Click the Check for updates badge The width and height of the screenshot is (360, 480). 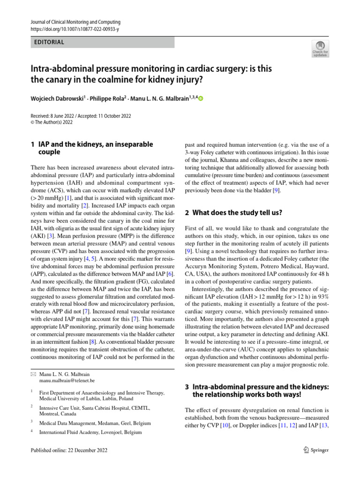pyautogui.click(x=320, y=49)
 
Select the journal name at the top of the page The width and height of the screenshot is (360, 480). pyautogui.click(x=75, y=22)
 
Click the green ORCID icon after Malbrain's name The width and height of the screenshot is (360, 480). pyautogui.click(x=202, y=99)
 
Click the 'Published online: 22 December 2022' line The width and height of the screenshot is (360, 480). pyautogui.click(x=69, y=450)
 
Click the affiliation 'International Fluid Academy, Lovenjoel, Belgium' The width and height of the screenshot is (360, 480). pyautogui.click(x=90, y=432)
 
